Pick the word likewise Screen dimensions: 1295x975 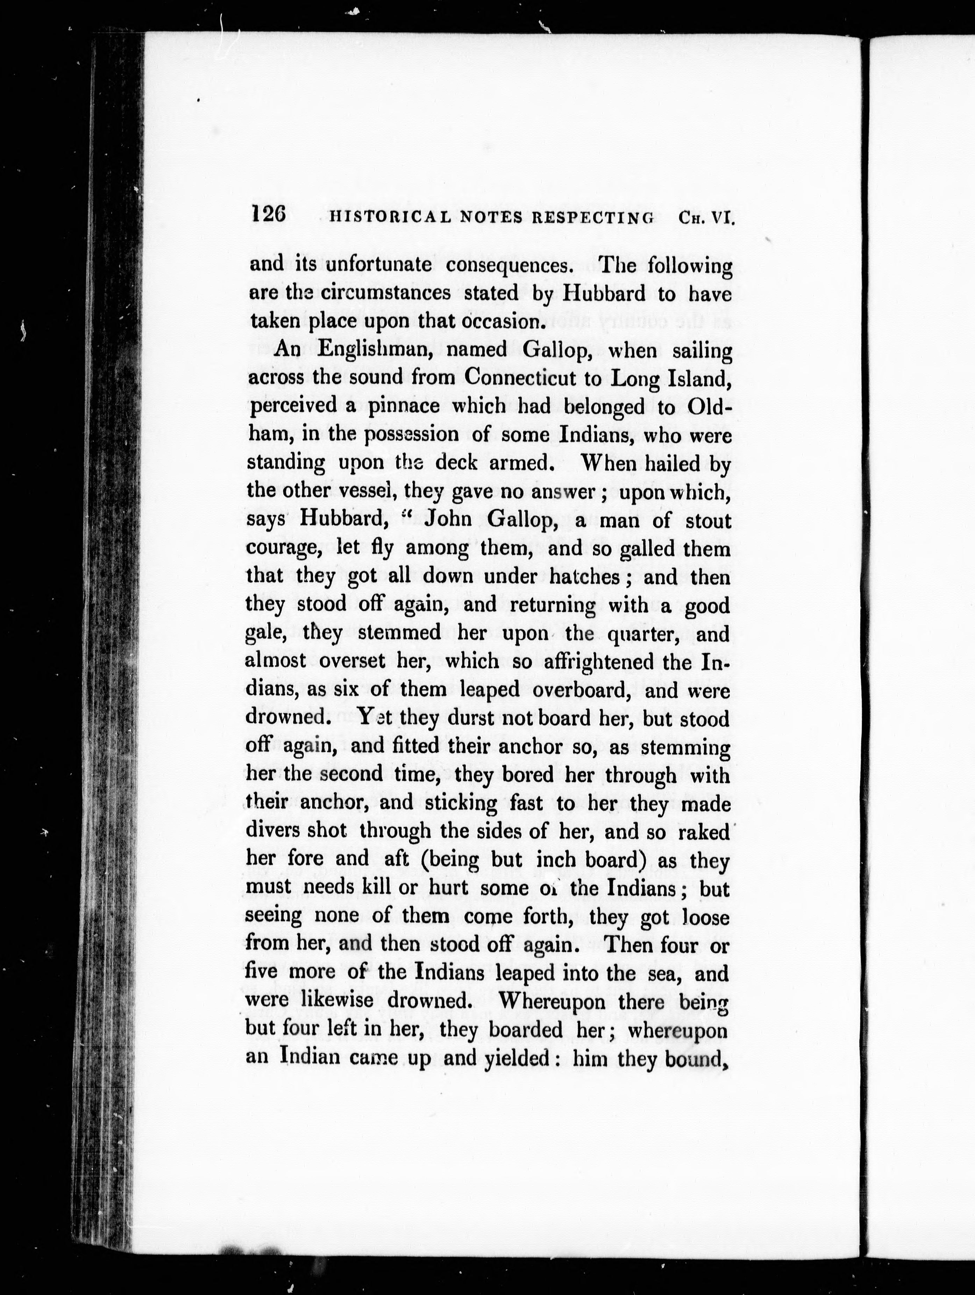[x=325, y=1001]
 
